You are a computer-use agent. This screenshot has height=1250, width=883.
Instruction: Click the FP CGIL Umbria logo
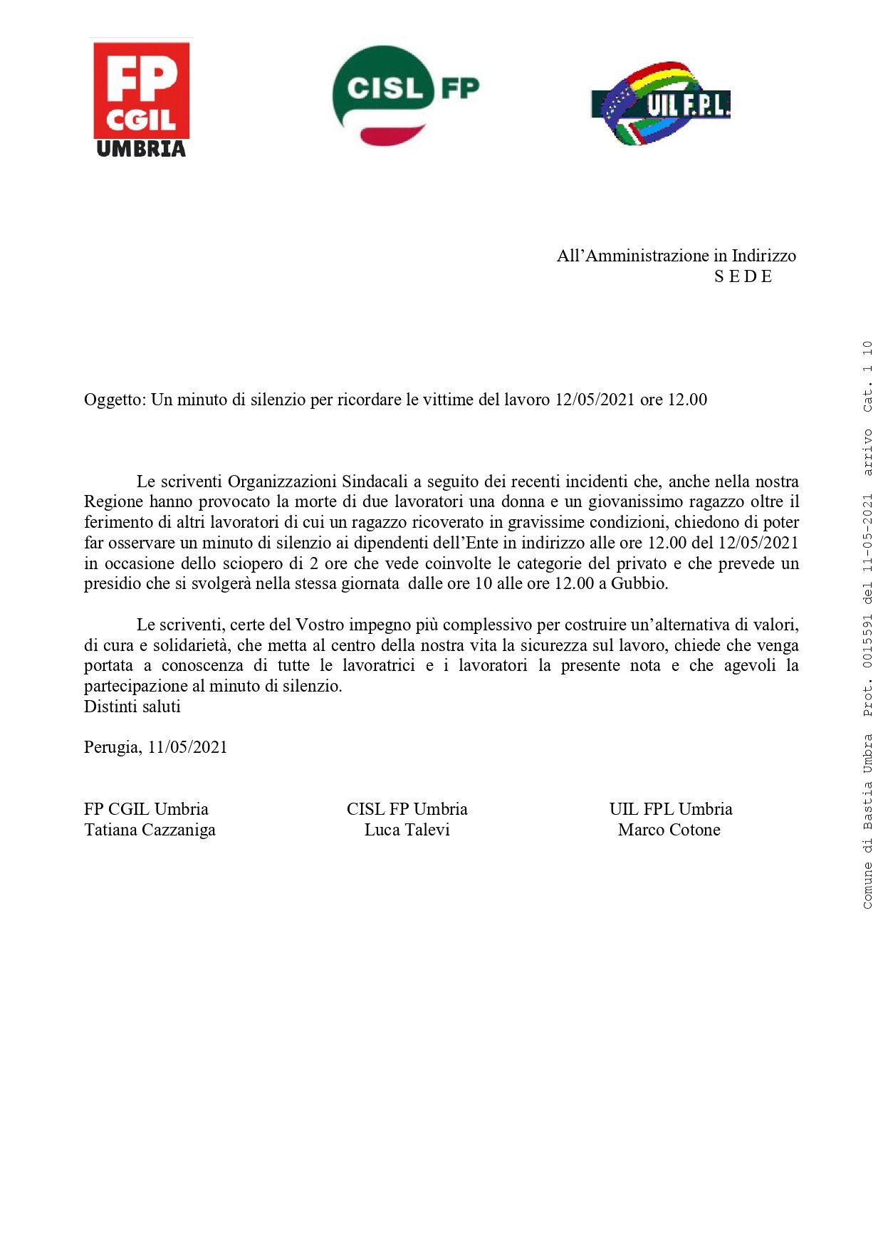[141, 98]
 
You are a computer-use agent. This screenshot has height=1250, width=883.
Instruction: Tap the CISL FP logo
[404, 95]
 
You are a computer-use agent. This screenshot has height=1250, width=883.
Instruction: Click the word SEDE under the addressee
[743, 276]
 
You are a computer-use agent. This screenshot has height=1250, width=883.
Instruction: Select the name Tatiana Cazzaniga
[150, 830]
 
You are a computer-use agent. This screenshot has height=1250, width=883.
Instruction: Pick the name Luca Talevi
[407, 830]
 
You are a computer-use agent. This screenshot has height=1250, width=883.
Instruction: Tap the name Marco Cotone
[669, 830]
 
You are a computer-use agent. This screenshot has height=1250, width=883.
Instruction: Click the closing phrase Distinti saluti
[132, 707]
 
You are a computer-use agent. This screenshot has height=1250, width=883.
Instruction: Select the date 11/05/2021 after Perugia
[187, 747]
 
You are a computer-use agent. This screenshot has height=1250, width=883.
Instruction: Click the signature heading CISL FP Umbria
[407, 809]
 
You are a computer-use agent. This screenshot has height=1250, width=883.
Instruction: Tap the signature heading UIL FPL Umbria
[670, 809]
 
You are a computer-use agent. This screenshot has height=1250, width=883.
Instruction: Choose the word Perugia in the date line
[112, 747]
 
